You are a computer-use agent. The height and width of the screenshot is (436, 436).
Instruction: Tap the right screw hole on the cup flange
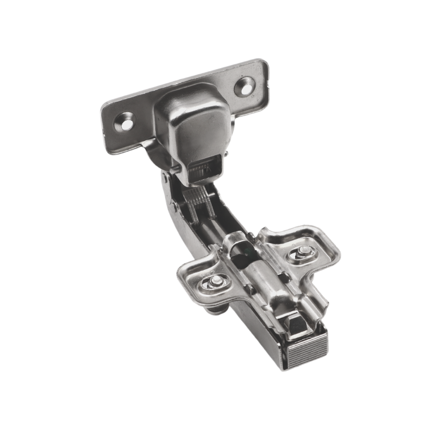tap(245, 85)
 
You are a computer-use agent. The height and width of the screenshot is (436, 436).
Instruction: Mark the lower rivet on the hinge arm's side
tap(174, 207)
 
